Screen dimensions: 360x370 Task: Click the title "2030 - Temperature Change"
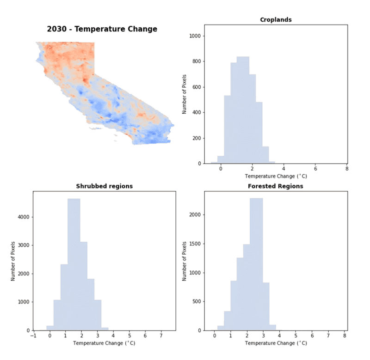[x=102, y=29]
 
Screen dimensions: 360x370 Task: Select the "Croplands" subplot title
[x=276, y=20]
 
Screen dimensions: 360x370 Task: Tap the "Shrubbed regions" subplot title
[x=104, y=186]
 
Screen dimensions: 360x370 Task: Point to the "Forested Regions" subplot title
[x=276, y=186]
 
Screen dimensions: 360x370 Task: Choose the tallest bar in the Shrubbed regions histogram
[x=74, y=263]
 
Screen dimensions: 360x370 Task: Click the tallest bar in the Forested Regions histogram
[x=256, y=263]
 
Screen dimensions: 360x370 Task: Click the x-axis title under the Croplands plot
[x=276, y=176]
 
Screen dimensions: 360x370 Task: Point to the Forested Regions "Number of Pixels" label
[x=184, y=260]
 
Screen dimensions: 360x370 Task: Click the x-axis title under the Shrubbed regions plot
[x=104, y=343]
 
